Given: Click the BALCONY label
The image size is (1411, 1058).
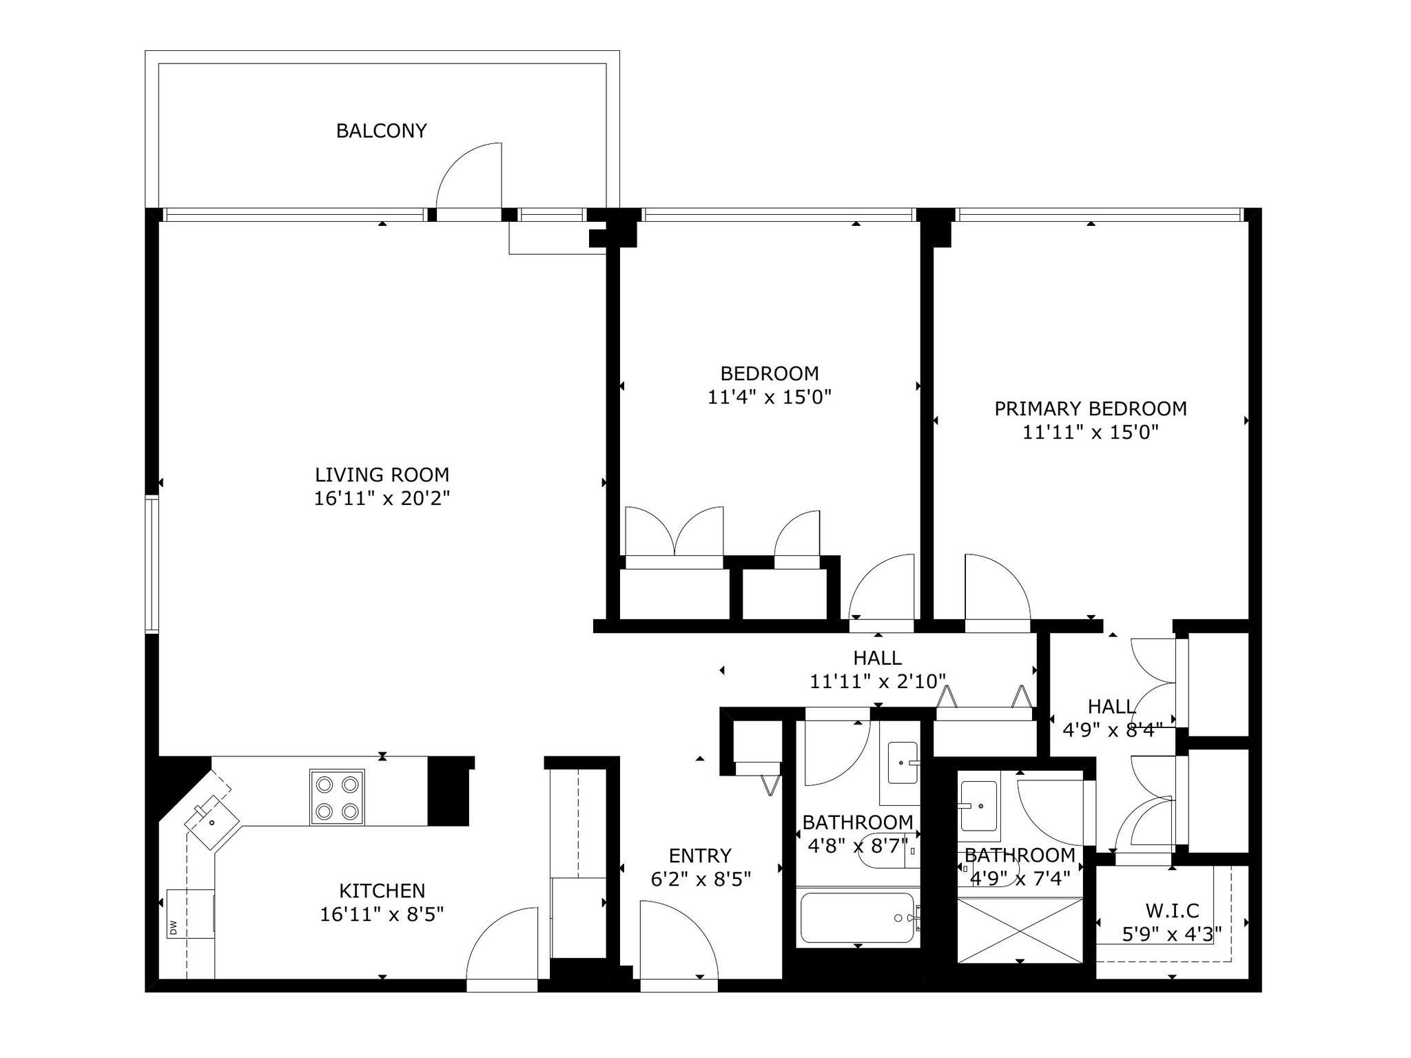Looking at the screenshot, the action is point(381,131).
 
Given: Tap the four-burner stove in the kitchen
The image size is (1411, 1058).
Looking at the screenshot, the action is point(337,797).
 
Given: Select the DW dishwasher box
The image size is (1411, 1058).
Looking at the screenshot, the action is point(190,913).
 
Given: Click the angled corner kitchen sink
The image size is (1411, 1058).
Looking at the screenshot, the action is point(212,822).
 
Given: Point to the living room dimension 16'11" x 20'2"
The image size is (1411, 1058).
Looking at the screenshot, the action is point(382,498).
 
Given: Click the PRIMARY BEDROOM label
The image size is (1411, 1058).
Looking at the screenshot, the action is point(1091,408).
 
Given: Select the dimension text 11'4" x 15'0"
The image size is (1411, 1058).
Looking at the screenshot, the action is point(770,397).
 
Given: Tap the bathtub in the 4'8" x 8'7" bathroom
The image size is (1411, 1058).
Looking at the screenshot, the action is point(857,918).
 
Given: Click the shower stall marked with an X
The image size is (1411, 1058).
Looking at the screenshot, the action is point(1020,929).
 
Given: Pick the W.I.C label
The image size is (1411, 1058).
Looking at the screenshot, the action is point(1172,911).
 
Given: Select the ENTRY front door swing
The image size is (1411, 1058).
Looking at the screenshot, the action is point(679,940).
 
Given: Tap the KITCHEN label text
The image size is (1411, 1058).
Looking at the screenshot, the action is point(382,891).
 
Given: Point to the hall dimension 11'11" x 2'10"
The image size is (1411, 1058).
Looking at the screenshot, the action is point(878,681).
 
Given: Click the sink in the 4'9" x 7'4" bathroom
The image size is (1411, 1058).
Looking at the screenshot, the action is point(978,806).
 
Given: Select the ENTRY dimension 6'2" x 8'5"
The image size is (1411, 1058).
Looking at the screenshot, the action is point(701,879).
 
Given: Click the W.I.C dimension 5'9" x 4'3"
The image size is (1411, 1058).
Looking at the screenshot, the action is point(1172,934).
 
